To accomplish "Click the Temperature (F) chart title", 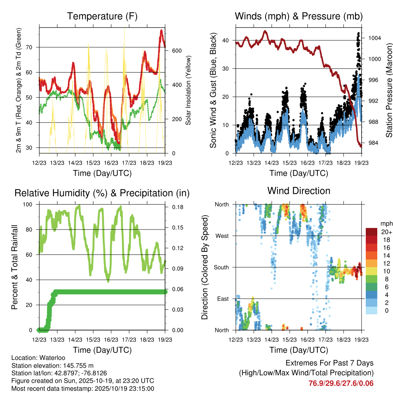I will tap(102, 17).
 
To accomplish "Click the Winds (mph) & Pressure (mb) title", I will tap(299, 17).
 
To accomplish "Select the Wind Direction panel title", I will tap(299, 191).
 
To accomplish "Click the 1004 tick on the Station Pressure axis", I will tap(374, 38).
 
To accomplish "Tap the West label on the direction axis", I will tap(222, 236).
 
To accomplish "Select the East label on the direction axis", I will tap(223, 299).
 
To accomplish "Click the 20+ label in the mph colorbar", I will tap(386, 232).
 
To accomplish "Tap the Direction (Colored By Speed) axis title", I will tap(205, 268).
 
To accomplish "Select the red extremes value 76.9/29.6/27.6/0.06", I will tap(341, 383).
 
